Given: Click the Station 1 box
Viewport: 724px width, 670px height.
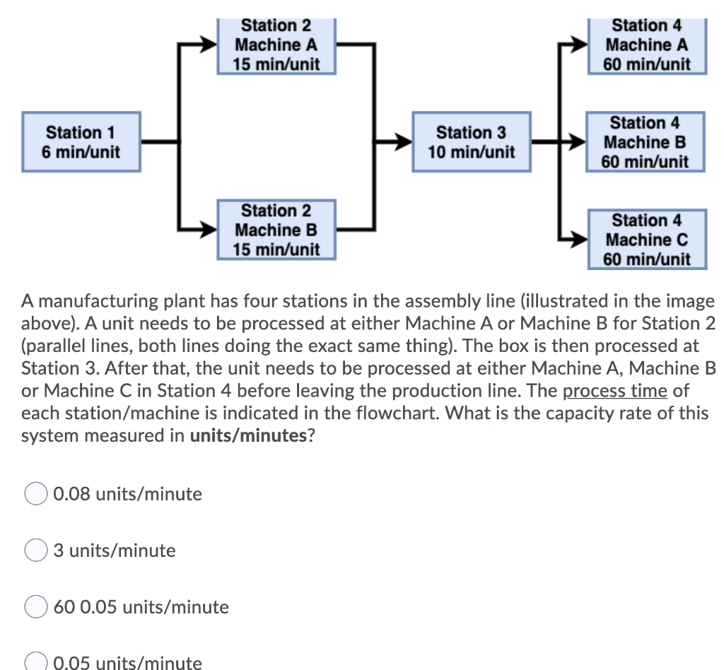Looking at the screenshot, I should click(x=81, y=141).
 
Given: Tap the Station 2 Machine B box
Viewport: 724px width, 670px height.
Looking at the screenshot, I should click(x=276, y=230).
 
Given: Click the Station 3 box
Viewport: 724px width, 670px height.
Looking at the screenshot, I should click(x=471, y=141).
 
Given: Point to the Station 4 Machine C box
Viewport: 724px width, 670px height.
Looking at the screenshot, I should click(x=646, y=240).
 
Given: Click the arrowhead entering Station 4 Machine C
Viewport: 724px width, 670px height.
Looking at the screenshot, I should click(x=578, y=240).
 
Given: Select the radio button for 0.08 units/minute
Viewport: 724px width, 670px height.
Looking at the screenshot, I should click(x=36, y=494).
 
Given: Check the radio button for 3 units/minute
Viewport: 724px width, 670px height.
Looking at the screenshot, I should click(x=36, y=551).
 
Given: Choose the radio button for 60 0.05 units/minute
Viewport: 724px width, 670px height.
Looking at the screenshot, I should click(x=36, y=607).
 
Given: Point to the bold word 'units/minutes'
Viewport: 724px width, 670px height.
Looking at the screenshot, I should click(x=249, y=436).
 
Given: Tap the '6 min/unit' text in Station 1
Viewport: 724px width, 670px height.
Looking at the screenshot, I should click(x=81, y=152).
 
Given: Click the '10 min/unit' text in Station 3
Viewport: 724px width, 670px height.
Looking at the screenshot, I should click(x=471, y=152).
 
